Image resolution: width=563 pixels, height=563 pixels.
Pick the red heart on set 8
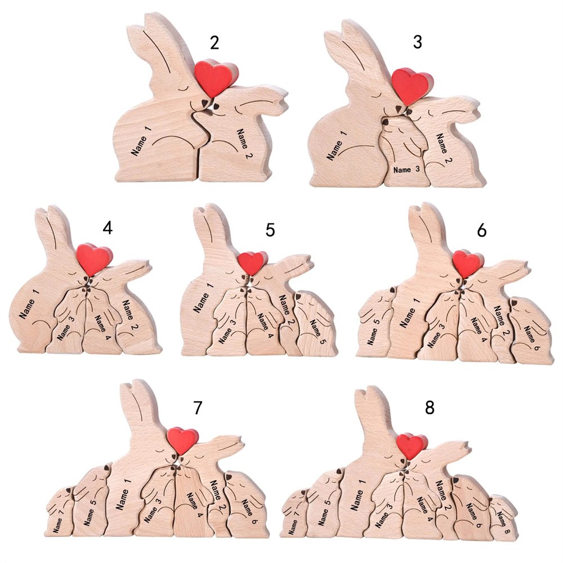(x=412, y=446)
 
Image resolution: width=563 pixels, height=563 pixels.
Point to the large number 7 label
(x=198, y=408)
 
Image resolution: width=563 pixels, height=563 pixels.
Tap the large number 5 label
(x=270, y=230)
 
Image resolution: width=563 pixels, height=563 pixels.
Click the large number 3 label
(x=417, y=42)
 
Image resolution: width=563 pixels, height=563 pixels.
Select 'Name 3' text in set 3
(x=406, y=169)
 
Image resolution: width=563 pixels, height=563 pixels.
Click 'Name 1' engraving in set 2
(x=141, y=141)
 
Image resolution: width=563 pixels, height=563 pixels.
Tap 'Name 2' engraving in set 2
(x=244, y=143)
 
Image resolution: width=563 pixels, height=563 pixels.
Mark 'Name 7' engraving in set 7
(x=58, y=520)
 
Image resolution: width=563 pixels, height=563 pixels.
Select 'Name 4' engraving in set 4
(x=103, y=328)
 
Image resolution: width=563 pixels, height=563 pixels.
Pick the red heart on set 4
(x=94, y=259)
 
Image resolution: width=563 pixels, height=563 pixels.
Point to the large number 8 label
(x=430, y=408)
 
